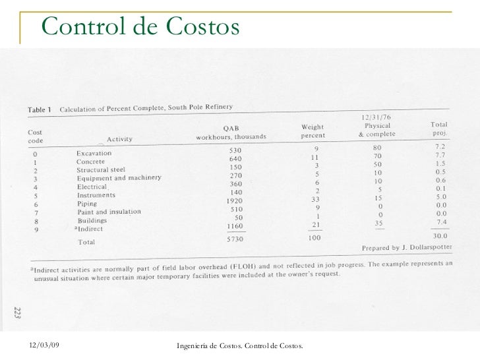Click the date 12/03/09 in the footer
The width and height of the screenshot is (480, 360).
(x=45, y=345)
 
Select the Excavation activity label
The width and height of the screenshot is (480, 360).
(x=94, y=152)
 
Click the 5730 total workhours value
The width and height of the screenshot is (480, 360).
(x=235, y=239)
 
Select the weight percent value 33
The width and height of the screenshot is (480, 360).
(x=315, y=198)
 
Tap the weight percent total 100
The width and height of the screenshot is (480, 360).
(x=315, y=237)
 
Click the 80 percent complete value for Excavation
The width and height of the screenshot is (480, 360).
(x=376, y=148)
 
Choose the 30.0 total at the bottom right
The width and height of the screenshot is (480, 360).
(x=440, y=235)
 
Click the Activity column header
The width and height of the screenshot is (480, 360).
(x=119, y=138)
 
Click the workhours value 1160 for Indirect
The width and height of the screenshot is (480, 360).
(x=234, y=226)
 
